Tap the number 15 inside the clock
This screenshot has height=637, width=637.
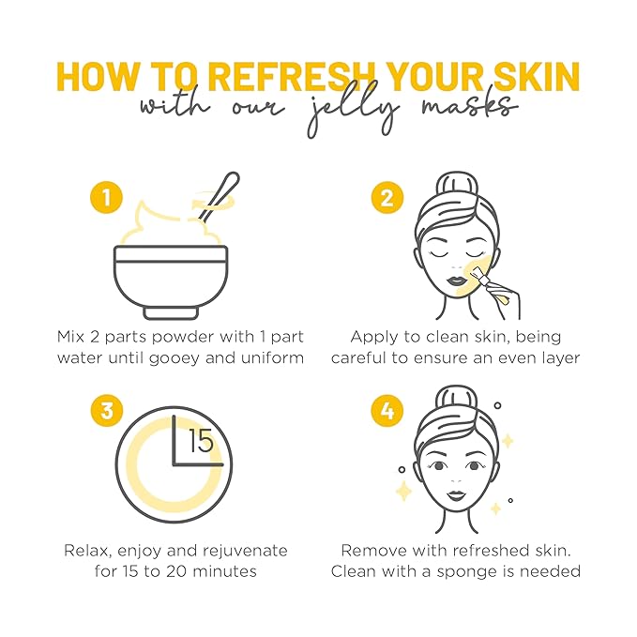pos(201,441)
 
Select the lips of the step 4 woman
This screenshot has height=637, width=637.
pos(449,494)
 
